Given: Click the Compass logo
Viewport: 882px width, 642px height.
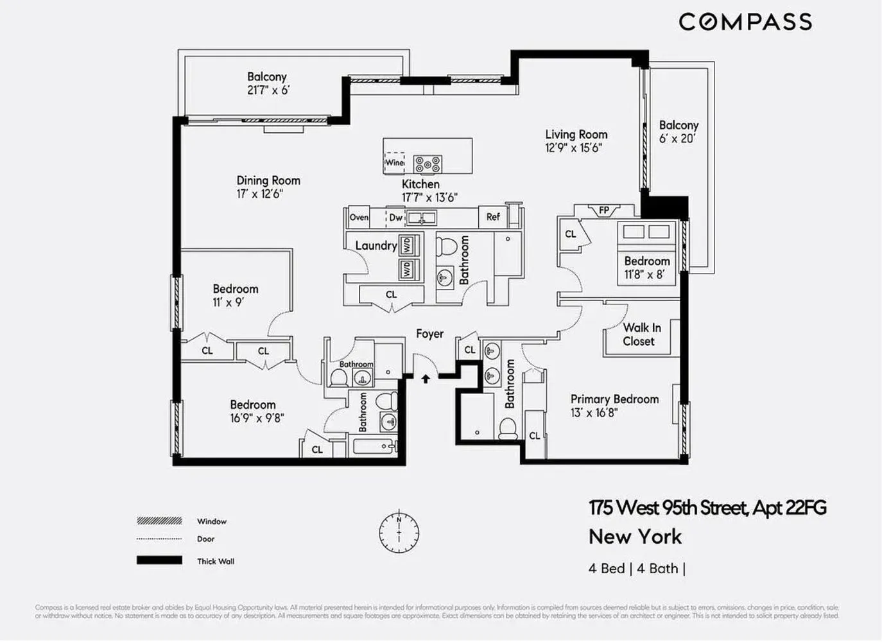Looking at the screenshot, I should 745,22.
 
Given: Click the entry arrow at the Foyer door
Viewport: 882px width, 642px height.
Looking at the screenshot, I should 425,379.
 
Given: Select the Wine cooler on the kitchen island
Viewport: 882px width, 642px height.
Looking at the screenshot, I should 394,162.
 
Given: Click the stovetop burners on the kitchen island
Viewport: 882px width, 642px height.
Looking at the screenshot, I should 427,164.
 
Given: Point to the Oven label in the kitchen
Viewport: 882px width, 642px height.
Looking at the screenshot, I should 359,218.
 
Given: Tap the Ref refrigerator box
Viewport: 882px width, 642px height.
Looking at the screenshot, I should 492,217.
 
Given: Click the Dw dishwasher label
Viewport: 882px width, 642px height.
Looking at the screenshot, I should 396,218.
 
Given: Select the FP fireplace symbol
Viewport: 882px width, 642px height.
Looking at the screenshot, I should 603,211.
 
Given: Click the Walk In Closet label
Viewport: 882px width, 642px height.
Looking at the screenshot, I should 641,334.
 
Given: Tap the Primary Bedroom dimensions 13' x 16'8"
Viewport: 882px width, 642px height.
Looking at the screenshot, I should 594,413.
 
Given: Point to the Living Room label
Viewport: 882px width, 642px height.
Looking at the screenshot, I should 576,134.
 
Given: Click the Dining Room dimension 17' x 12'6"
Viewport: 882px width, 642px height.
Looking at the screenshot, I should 260,194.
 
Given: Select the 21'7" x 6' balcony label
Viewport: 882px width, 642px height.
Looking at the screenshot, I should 268,91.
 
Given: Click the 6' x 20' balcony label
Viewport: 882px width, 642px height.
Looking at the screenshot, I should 678,139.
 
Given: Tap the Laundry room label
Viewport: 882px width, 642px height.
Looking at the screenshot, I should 376,246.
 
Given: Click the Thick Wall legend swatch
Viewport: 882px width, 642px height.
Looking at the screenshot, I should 159,560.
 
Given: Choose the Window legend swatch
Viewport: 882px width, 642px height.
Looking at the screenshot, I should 159,521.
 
